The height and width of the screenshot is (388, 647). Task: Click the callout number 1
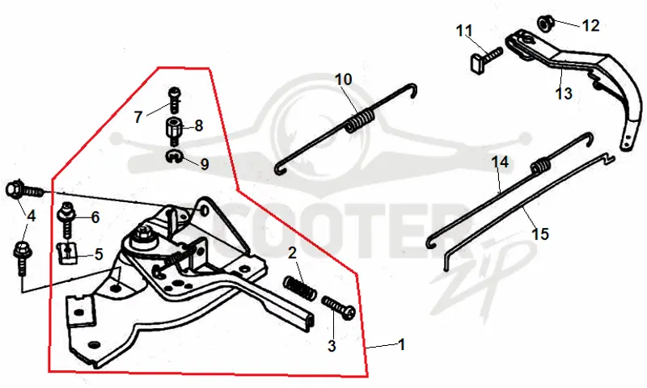[x=401, y=344]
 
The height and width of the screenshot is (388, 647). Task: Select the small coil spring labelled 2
[x=300, y=287]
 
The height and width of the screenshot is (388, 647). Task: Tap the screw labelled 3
[x=338, y=307]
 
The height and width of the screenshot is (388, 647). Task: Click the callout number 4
[x=31, y=215]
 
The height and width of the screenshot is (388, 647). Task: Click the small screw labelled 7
[x=174, y=99]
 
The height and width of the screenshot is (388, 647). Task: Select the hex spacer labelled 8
[x=174, y=130]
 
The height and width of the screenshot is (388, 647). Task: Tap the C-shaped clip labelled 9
[x=174, y=157]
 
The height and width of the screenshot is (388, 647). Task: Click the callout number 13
[x=564, y=93]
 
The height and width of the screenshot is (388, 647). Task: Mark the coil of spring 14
[x=540, y=166]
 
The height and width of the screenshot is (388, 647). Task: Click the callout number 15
[x=540, y=234]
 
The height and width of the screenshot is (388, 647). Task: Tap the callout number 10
[x=343, y=78]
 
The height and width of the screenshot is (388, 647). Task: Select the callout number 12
[x=590, y=26]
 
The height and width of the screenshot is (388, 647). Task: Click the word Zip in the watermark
[x=479, y=280]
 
